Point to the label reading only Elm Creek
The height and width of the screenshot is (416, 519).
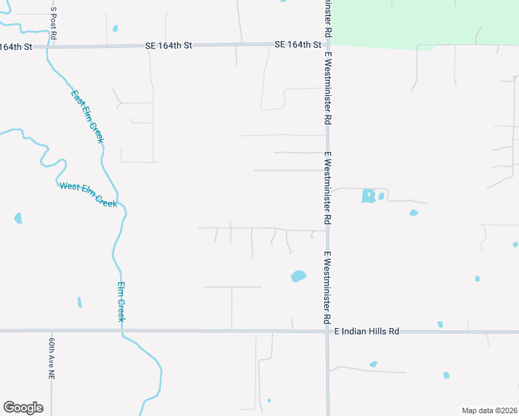(121, 302)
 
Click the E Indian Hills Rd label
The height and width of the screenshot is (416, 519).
(367, 331)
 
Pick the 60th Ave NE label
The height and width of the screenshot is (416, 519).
(51, 358)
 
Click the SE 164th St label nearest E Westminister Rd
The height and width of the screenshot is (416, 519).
(298, 44)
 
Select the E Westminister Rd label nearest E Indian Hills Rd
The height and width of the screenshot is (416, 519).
(325, 288)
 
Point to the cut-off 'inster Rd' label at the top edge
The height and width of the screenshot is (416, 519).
(325, 17)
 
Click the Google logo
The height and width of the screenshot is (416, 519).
(23, 408)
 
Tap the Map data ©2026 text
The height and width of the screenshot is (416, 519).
(489, 410)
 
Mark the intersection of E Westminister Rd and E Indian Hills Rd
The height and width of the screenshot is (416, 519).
(327, 331)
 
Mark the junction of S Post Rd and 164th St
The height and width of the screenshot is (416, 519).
(50, 46)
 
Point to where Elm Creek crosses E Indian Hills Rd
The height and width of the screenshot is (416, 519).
(122, 331)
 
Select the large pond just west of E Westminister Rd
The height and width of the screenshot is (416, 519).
(298, 276)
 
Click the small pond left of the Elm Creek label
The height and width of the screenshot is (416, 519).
(79, 302)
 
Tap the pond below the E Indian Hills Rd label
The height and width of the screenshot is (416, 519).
(373, 364)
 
